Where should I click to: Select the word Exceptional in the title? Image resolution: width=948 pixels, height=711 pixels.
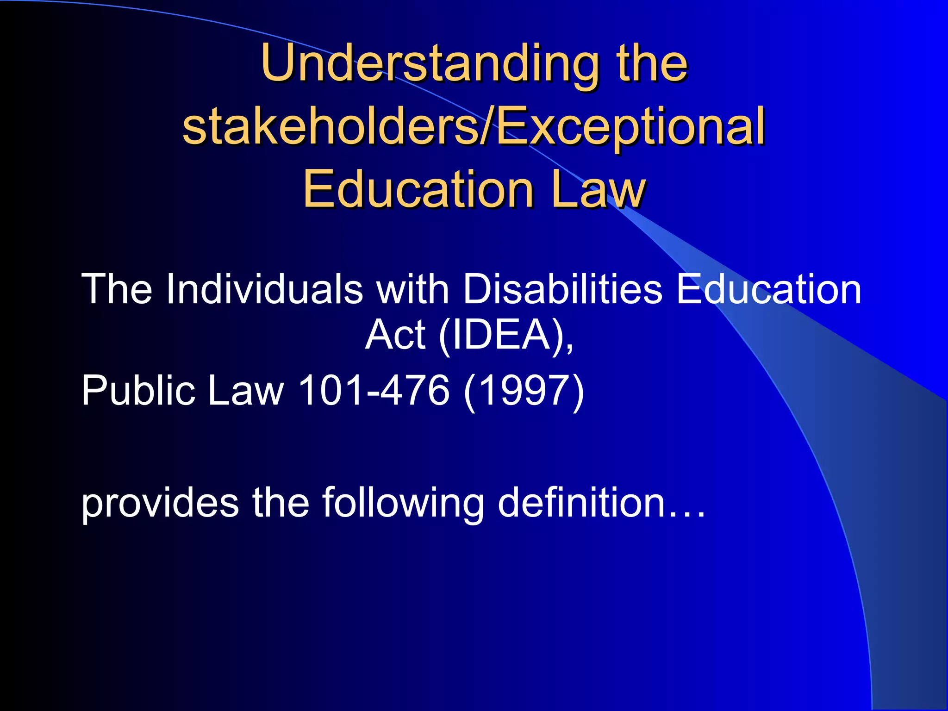click(630, 126)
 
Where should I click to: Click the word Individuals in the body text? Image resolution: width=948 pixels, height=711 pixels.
click(264, 289)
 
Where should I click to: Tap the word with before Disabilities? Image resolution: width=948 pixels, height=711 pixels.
click(412, 289)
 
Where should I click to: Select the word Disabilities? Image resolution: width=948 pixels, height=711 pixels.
click(562, 289)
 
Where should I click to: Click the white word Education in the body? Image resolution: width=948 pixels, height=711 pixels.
click(769, 289)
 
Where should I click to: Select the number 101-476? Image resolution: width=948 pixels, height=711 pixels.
click(374, 390)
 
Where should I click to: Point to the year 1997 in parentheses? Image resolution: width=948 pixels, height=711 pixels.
click(524, 390)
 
